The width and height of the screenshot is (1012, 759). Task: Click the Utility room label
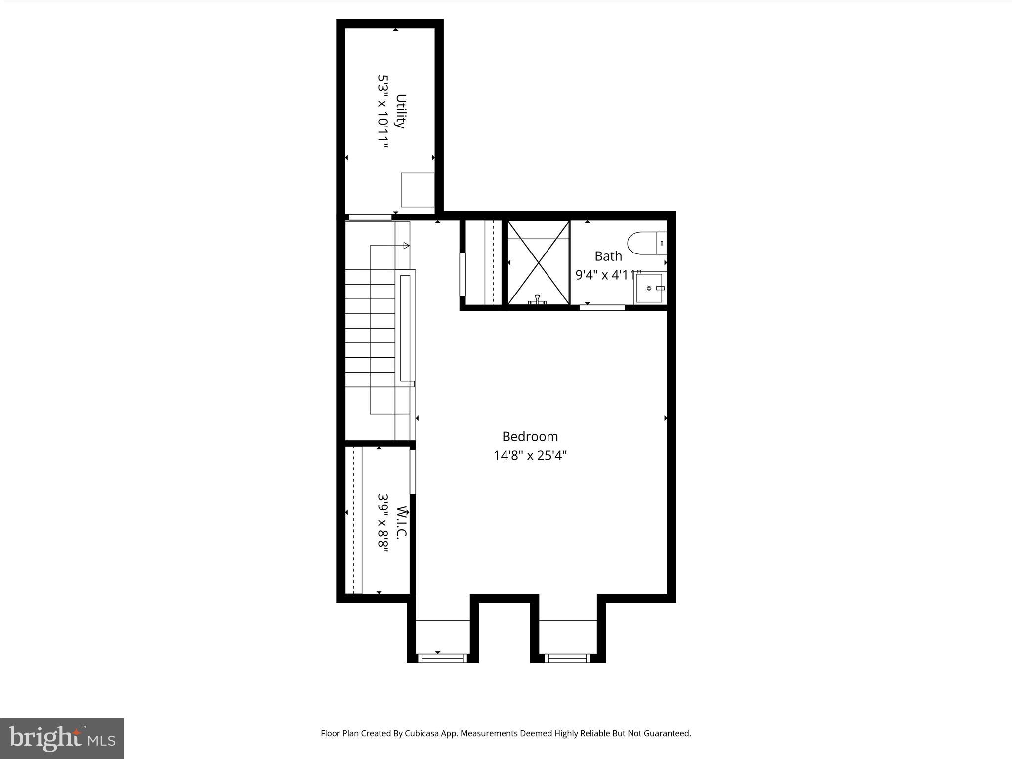401,111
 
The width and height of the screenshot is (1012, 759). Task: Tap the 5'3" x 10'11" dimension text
383,111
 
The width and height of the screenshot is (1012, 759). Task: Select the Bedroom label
530,436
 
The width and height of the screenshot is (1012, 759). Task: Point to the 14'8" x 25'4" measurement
530,455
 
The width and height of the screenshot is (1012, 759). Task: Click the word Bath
608,256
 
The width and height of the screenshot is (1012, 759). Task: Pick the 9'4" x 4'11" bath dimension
608,275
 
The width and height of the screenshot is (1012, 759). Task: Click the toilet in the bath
647,243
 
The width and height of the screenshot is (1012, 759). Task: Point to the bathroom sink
649,288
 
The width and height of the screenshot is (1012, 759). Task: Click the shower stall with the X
538,262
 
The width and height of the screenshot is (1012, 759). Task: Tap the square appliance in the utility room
418,190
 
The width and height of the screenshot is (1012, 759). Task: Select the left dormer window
442,658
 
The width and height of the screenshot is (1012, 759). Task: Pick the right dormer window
567,658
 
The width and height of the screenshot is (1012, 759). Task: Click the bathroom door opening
602,308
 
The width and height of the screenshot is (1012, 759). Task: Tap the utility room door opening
370,217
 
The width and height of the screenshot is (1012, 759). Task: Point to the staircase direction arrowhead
406,246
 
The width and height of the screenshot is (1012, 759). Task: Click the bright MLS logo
62,738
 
